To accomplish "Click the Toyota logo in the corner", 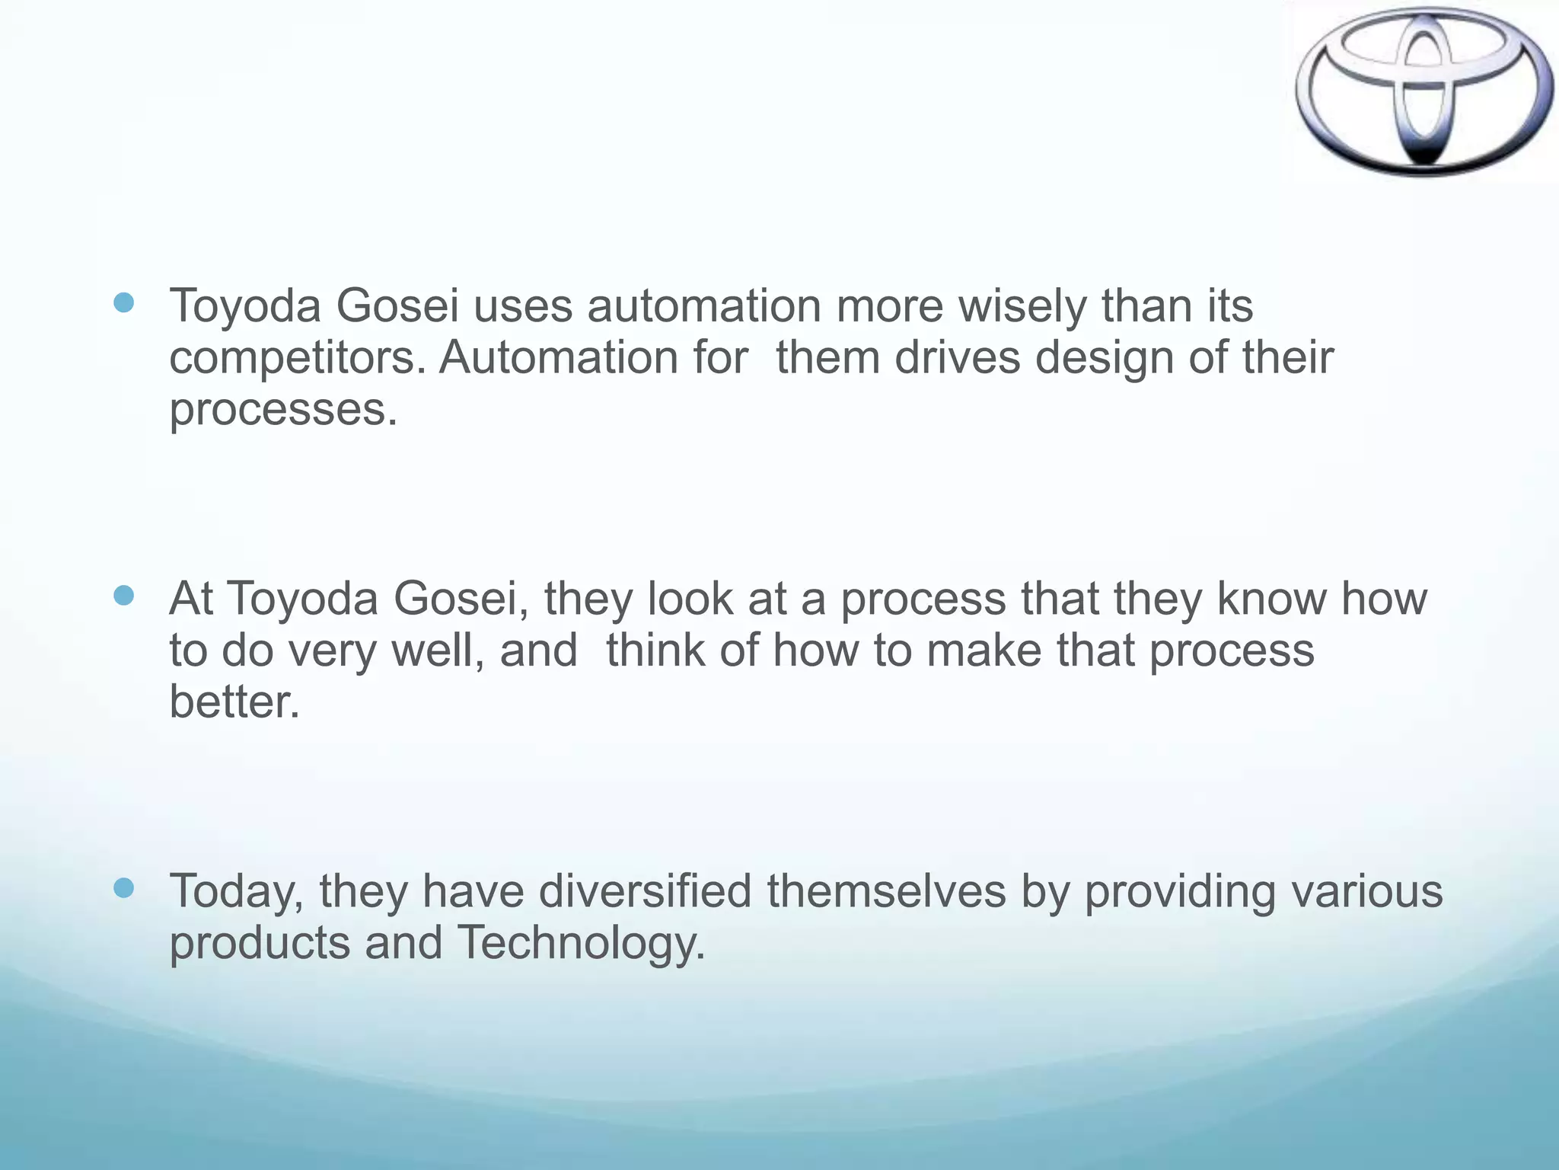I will [1424, 91].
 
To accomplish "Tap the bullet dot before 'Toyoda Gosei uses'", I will [123, 303].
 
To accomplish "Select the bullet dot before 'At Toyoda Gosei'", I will [123, 595].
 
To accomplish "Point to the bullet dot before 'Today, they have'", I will [123, 887].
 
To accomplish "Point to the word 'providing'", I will [1179, 891].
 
